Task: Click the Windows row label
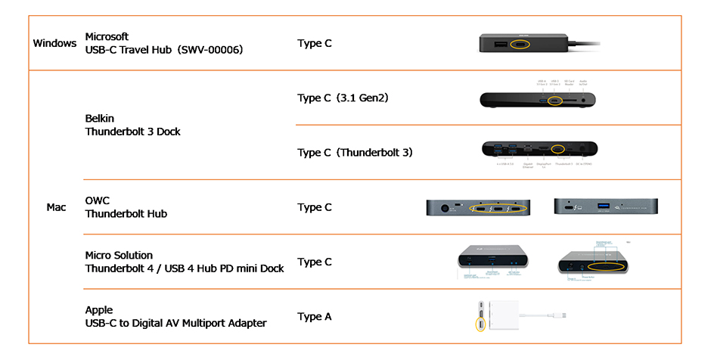tap(54, 43)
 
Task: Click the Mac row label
tap(57, 207)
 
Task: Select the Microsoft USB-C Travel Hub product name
tap(164, 43)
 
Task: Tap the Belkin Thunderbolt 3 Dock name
tap(132, 125)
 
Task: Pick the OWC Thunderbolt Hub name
tap(126, 207)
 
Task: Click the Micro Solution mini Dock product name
tap(185, 262)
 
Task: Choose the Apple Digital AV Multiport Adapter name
tap(175, 316)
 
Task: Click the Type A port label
tap(315, 316)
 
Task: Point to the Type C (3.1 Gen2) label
tap(343, 98)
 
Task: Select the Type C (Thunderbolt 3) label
tap(355, 152)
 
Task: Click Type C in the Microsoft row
tap(315, 43)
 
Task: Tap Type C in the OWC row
tap(315, 207)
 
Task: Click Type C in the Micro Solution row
tap(315, 262)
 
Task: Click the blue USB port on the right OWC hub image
tap(604, 206)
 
